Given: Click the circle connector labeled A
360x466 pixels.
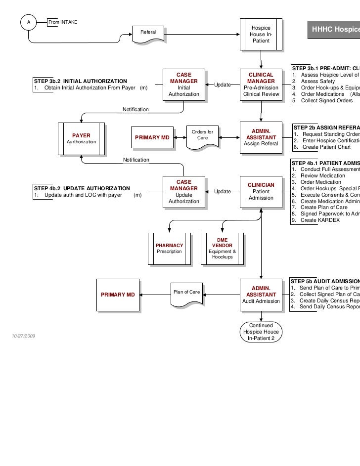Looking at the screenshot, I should click(28, 22).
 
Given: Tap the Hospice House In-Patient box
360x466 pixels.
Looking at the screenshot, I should click(261, 35).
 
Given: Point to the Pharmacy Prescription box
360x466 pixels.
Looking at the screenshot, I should click(169, 248).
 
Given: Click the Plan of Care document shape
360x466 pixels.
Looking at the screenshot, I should click(187, 294).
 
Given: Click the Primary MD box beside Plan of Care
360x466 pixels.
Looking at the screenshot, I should click(118, 295).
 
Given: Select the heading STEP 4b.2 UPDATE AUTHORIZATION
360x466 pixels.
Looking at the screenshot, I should click(82, 188).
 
